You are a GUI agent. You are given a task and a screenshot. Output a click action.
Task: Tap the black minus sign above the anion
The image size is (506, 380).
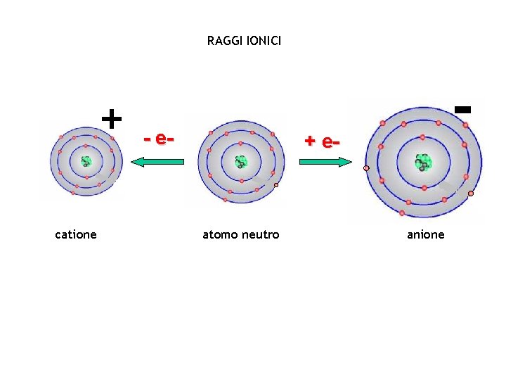click(462, 109)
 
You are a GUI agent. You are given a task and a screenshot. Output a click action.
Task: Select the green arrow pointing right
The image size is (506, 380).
click(325, 162)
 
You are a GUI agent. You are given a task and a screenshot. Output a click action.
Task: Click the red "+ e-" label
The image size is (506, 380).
click(322, 141)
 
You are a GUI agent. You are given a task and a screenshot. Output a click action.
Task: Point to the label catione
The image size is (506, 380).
click(76, 234)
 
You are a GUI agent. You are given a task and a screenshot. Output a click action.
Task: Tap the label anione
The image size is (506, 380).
click(426, 234)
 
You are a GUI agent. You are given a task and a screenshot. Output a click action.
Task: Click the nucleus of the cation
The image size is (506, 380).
click(86, 161)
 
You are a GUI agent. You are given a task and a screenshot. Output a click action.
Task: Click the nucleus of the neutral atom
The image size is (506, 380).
click(241, 162)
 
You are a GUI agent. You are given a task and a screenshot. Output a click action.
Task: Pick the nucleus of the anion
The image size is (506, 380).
click(422, 163)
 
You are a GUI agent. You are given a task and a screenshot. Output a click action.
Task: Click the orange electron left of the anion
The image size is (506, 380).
click(366, 168)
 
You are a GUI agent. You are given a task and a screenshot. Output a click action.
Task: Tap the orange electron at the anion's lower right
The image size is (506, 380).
click(471, 194)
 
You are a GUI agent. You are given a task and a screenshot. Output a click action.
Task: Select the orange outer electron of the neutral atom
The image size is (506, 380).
click(276, 185)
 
